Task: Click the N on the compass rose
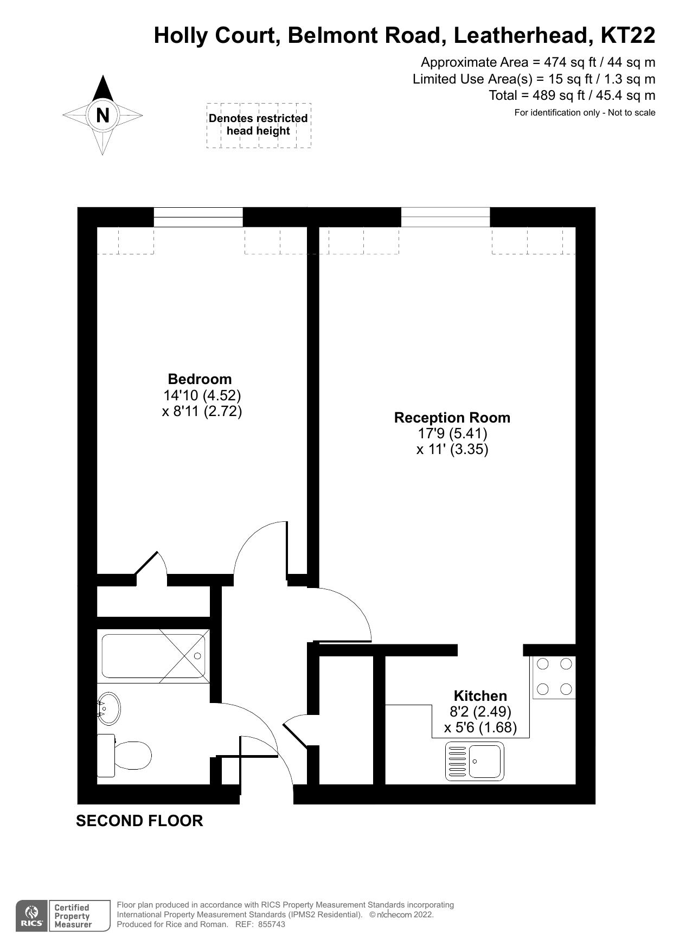coord(102,115)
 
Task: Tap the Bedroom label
coord(200,379)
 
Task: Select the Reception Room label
coord(452,418)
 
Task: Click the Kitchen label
coord(480,696)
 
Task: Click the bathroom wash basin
coord(109,708)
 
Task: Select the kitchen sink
coord(475,761)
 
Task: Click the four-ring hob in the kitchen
coord(554,676)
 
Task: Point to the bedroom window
coord(198,217)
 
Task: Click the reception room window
coord(445,217)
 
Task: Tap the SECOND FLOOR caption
coord(139,821)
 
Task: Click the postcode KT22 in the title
coord(627,36)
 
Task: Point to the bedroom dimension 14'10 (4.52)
coord(202,395)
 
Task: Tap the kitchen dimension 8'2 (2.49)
coord(480,711)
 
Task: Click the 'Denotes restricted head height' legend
coord(258,125)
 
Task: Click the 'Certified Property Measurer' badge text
coord(73,916)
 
